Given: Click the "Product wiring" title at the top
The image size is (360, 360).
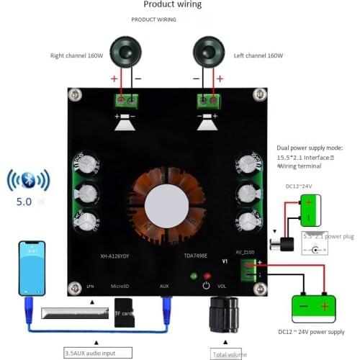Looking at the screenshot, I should pyautogui.click(x=172, y=5).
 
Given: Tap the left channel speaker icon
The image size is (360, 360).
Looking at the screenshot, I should pyautogui.click(x=209, y=54).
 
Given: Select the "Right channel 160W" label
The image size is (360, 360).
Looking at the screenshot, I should pyautogui.click(x=78, y=55).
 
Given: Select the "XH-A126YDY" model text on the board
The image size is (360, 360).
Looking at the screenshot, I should pyautogui.click(x=100, y=255).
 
